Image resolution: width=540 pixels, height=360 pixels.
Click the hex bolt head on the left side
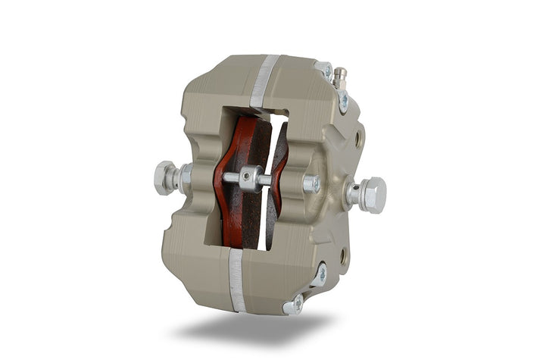pos(164,179)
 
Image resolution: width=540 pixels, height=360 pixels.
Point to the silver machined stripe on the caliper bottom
pos(237,280)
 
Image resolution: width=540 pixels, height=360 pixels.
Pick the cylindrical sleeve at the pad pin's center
pos(251,179)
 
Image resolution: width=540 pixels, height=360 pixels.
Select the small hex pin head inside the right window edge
pos(311,184)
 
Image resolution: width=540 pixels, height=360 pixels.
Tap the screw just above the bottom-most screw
pos(321,274)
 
